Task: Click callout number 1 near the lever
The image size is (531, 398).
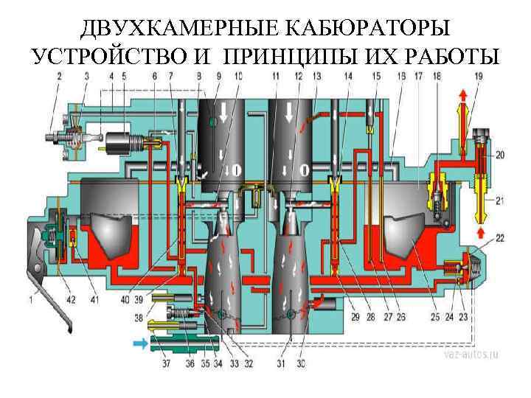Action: tap(30, 298)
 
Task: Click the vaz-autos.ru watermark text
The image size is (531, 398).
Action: tap(472, 355)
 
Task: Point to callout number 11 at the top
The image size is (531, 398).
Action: tap(274, 76)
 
